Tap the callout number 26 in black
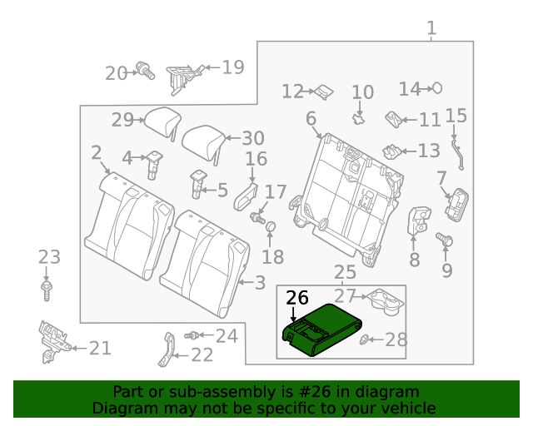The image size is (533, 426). [296, 298]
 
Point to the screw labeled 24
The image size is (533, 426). [194, 335]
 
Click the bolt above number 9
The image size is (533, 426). [445, 240]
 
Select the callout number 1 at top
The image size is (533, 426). [431, 30]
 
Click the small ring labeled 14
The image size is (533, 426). [436, 88]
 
